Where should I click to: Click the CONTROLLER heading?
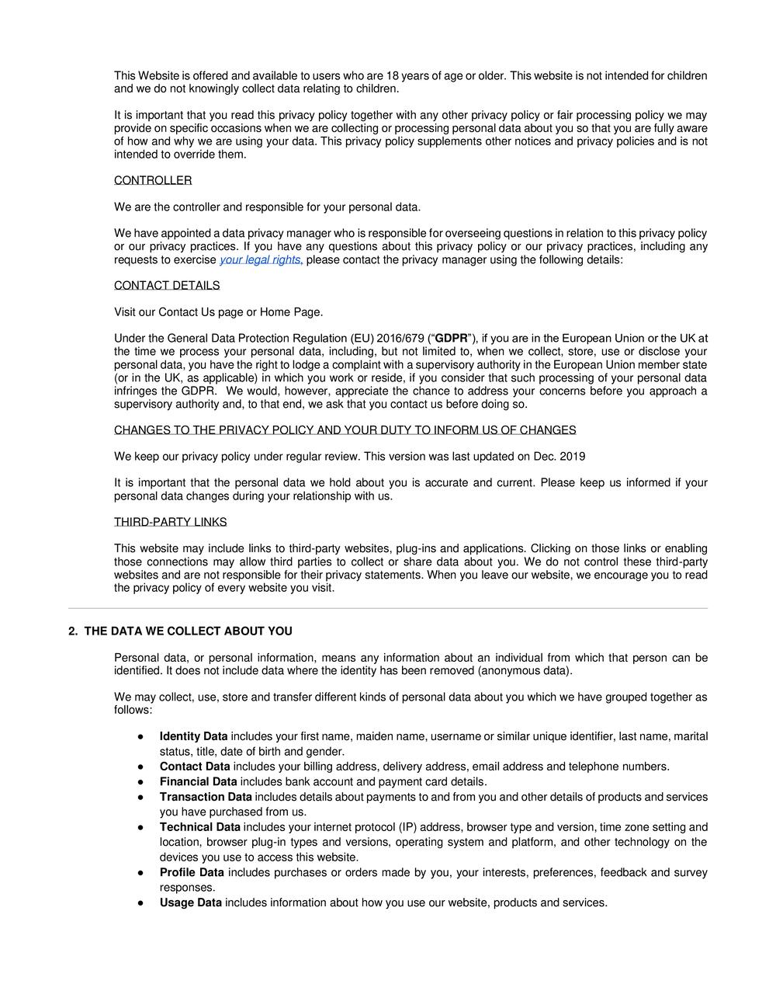tap(153, 181)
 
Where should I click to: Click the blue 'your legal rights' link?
tap(261, 260)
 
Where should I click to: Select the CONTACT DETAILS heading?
tap(167, 286)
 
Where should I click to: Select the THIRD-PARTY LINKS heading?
tap(170, 522)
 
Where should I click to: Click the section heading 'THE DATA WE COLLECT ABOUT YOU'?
tap(188, 631)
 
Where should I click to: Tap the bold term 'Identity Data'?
tap(194, 736)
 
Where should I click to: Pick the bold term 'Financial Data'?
tap(199, 782)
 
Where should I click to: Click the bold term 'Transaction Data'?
tap(206, 797)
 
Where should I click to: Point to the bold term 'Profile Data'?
tap(192, 873)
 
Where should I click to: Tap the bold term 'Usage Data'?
tap(191, 903)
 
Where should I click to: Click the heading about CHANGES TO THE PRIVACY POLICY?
tap(345, 430)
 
